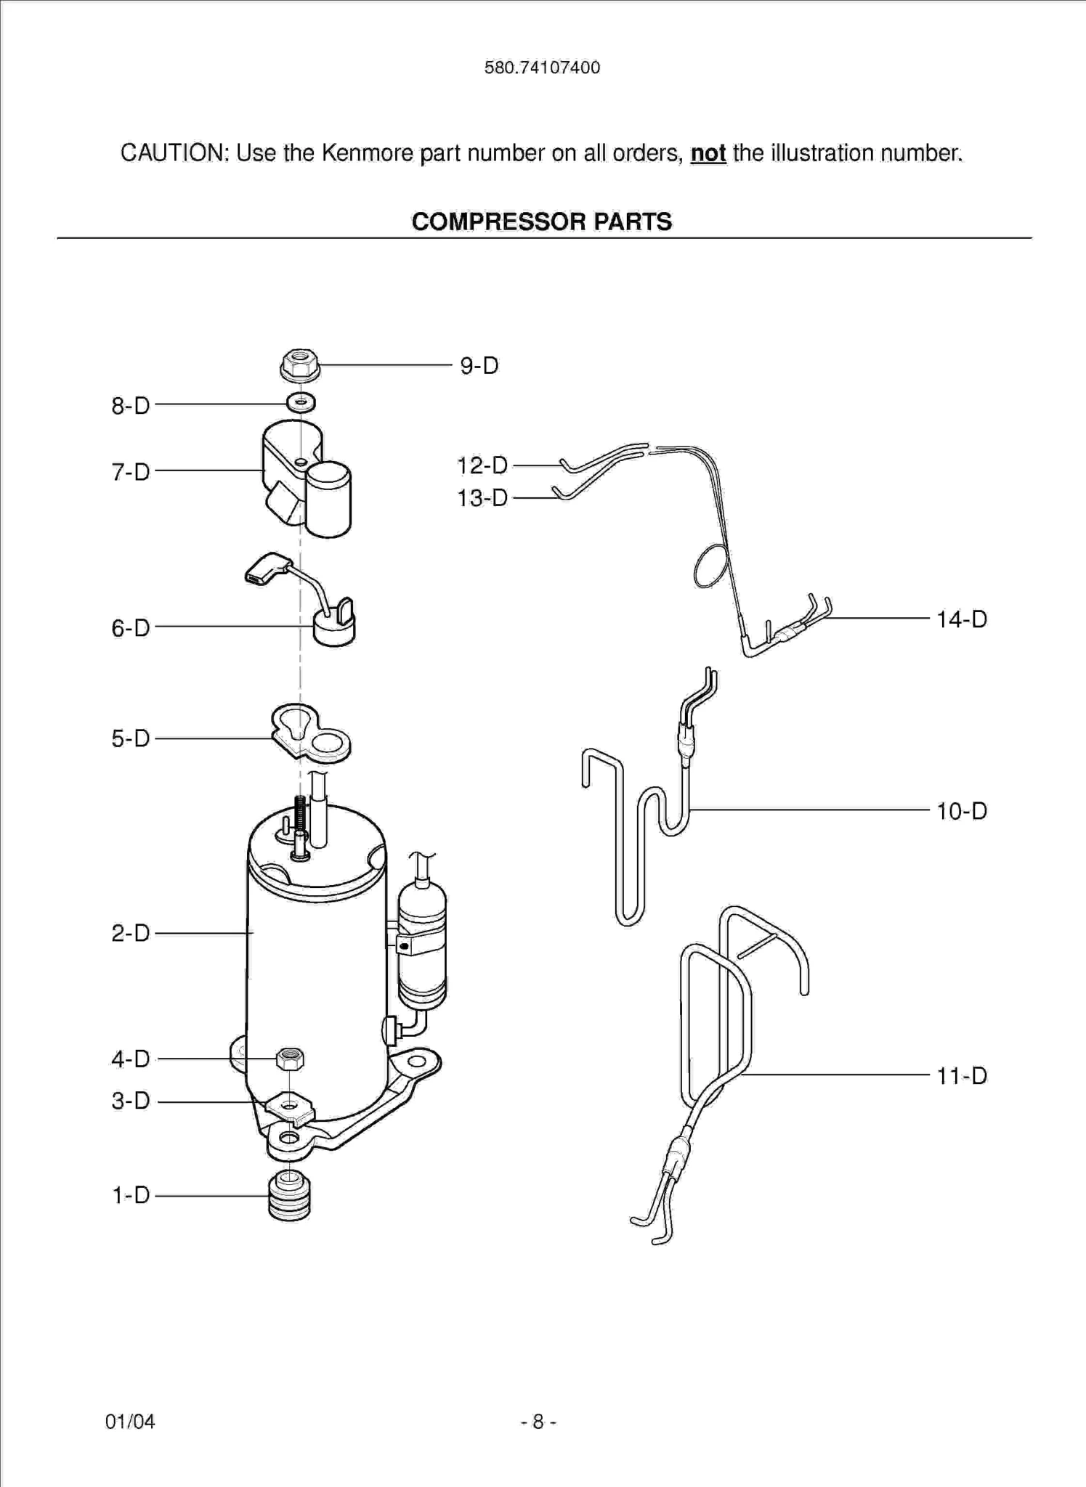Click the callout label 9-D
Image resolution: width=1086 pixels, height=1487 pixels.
479,365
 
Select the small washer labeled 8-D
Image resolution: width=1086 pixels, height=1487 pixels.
301,402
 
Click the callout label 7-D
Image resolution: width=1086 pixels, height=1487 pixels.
131,472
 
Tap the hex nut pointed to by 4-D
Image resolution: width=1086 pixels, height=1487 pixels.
290,1059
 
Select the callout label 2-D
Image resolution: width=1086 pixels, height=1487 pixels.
131,933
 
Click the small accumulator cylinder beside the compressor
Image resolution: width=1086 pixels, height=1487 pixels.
422,944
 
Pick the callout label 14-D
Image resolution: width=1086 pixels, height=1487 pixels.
961,619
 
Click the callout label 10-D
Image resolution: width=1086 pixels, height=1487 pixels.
961,811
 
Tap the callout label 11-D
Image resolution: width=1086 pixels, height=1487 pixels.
961,1075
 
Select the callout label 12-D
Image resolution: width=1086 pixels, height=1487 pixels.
482,465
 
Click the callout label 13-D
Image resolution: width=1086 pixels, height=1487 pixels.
482,498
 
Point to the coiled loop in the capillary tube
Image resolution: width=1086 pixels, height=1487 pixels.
710,566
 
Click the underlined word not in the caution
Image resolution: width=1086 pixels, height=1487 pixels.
708,153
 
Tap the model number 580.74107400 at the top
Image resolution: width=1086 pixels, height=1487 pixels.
542,68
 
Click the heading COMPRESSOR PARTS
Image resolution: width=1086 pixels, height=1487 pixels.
542,221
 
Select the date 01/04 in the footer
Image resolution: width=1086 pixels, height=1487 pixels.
130,1421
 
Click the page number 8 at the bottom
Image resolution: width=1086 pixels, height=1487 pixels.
538,1421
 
